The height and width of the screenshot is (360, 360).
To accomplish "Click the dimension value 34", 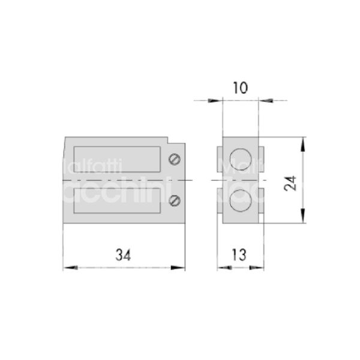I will pyautogui.click(x=124, y=254).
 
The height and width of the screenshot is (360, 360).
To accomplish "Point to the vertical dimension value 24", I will pyautogui.click(x=292, y=181).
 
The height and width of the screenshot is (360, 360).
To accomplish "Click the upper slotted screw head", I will pyautogui.click(x=175, y=159).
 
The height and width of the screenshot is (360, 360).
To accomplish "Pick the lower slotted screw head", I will pyautogui.click(x=175, y=201).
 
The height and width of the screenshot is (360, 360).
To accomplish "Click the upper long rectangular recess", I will pyautogui.click(x=116, y=158).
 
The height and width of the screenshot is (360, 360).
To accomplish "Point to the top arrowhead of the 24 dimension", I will pyautogui.click(x=304, y=142).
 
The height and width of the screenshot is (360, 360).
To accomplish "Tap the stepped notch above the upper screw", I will pyautogui.click(x=176, y=144).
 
